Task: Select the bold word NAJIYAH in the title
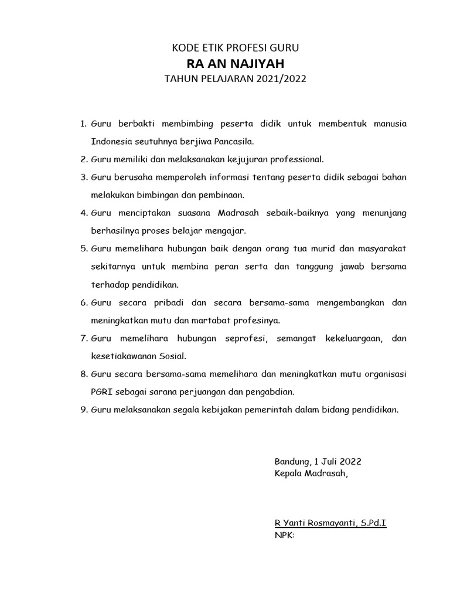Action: pyautogui.click(x=258, y=63)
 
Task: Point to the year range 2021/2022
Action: pyautogui.click(x=281, y=79)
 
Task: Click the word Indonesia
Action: pyautogui.click(x=111, y=141)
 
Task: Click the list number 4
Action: pyautogui.click(x=84, y=212)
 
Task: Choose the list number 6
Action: pyautogui.click(x=84, y=302)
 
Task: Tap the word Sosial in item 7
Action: pyautogui.click(x=168, y=356)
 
